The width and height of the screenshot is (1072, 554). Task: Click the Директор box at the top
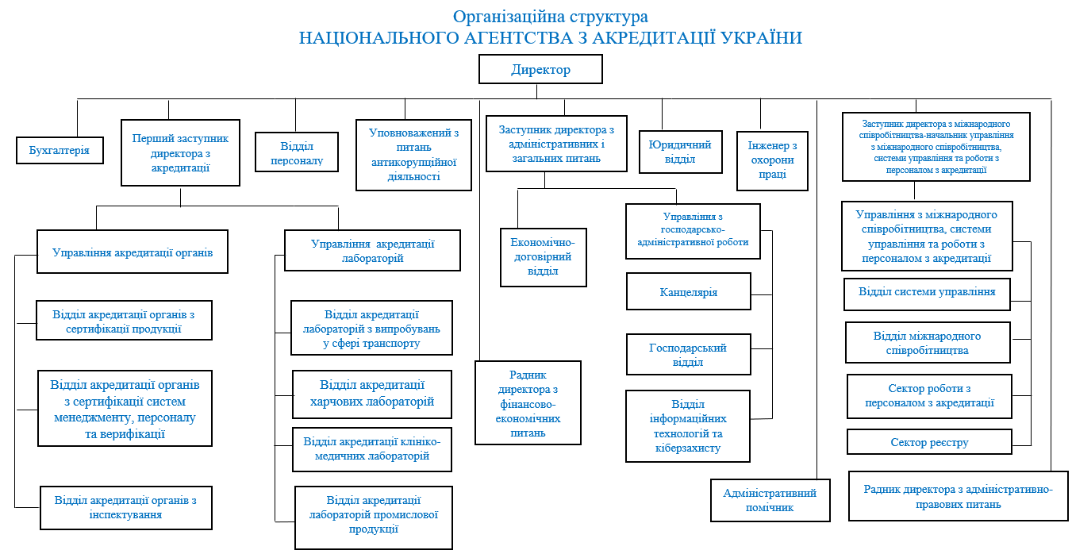tap(540, 70)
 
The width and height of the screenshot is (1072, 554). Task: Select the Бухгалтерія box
tap(60, 149)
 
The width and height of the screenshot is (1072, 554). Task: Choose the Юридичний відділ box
tap(680, 152)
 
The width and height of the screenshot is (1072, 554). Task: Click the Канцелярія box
tap(688, 292)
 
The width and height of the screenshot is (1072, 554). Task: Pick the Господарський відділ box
tap(688, 355)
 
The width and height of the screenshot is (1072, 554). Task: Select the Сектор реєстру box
tap(929, 442)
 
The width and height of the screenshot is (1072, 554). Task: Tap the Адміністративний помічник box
tap(770, 500)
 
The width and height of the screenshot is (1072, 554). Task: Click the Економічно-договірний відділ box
tap(543, 257)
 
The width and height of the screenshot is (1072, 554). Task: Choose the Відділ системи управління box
tap(926, 292)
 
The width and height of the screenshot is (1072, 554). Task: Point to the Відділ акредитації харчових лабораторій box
tap(372, 393)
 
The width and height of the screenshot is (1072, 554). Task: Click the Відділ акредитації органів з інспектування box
tap(125, 507)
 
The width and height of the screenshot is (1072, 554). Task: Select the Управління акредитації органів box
tap(133, 252)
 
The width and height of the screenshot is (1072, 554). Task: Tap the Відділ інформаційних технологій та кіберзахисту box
tap(687, 426)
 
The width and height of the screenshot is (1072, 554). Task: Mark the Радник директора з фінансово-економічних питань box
tap(528, 403)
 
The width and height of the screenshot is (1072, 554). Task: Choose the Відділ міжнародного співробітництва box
tap(928, 343)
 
